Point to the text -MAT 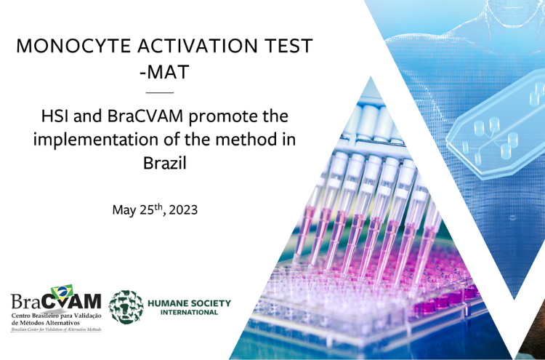[164, 72]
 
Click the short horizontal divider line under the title [160, 92]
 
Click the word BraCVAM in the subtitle [145, 116]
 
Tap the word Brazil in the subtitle [165, 163]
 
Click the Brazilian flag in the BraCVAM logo [62, 292]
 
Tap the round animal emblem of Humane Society [126, 308]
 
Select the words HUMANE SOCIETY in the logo [190, 303]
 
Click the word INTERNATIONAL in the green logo [189, 312]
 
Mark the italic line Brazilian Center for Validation [56, 329]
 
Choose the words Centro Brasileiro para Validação [56, 316]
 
